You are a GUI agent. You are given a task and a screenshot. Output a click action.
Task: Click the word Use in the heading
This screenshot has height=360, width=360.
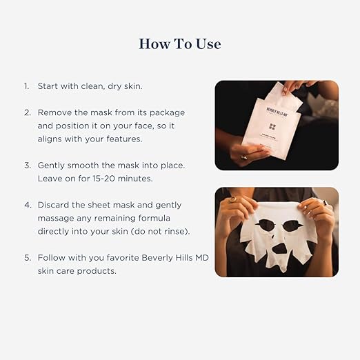click(208, 43)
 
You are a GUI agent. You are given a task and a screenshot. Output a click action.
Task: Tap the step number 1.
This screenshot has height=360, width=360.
click(26, 86)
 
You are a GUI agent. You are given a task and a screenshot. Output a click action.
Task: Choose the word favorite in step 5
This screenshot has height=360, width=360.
click(112, 259)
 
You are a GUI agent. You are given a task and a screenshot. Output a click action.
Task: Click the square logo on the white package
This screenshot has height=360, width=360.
click(272, 126)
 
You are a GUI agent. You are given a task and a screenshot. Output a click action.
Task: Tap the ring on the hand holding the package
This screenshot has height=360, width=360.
click(243, 157)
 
